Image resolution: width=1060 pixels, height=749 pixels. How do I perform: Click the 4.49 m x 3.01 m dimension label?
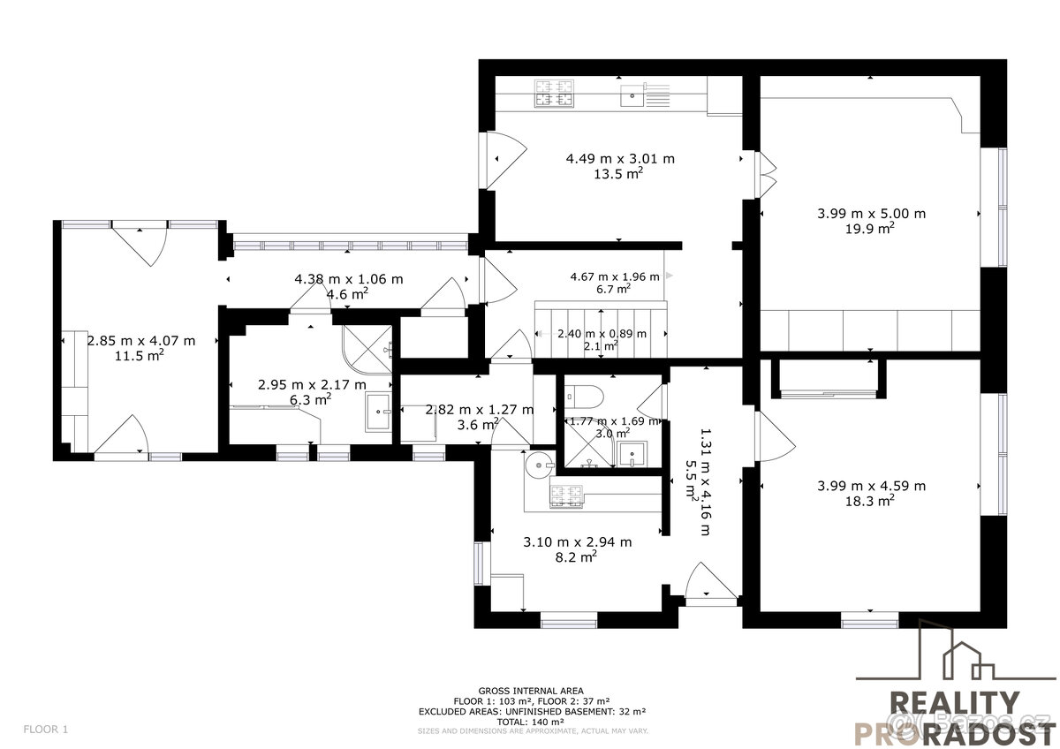tap(620, 159)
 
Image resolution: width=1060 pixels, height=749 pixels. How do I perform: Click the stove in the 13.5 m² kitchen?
tap(554, 94)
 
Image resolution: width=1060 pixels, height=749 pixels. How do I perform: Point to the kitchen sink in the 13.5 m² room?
tap(632, 95)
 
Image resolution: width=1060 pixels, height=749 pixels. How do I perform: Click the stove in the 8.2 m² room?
tap(567, 497)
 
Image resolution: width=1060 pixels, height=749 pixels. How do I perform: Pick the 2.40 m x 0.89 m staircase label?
tap(602, 334)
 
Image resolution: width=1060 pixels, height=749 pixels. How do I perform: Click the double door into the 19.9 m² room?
tap(765, 175)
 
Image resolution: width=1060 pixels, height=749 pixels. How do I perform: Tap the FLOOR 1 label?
tap(45, 730)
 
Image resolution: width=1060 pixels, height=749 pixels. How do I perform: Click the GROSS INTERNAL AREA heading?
tap(530, 691)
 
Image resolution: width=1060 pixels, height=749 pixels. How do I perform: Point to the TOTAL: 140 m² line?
tap(530, 721)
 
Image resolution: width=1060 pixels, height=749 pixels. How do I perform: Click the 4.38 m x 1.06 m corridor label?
tap(348, 279)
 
